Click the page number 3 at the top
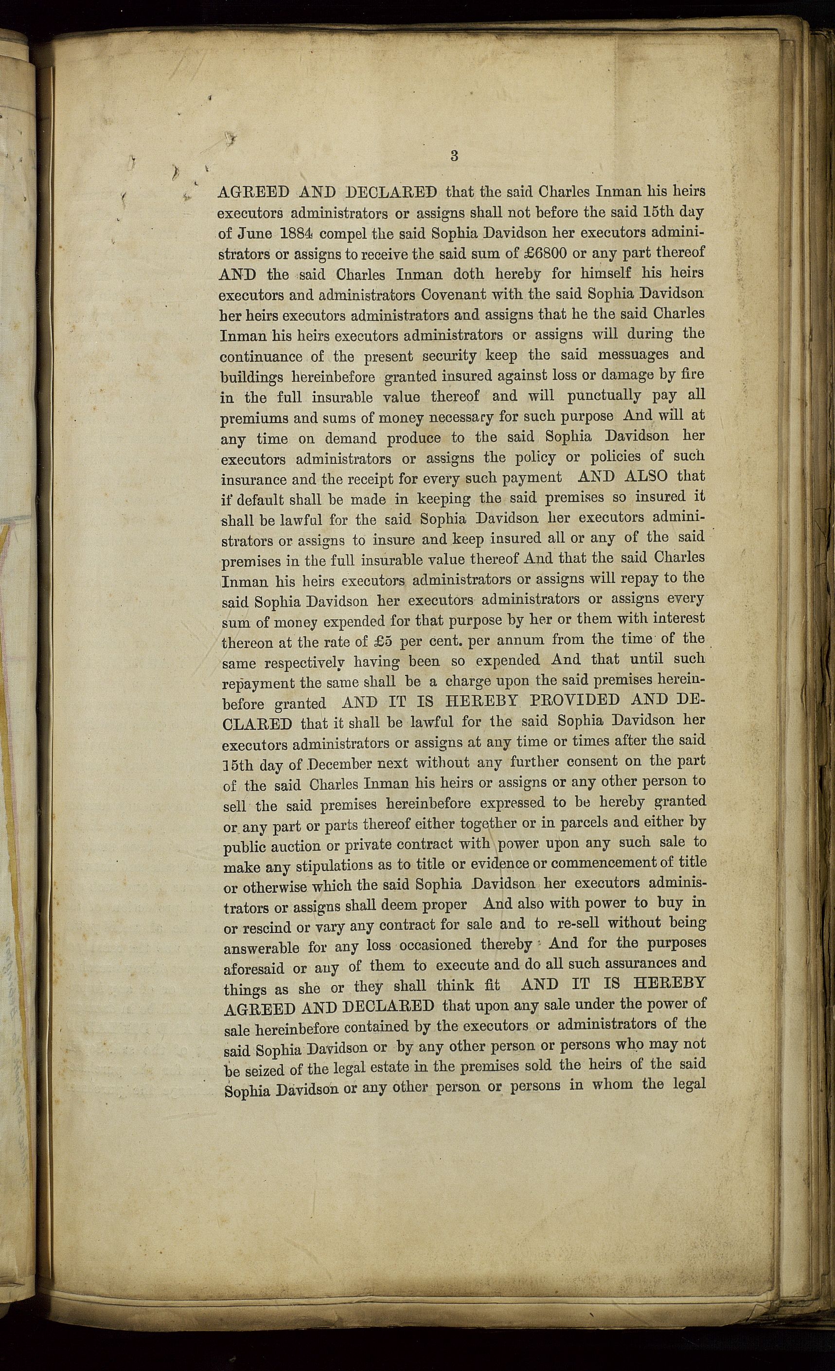pyautogui.click(x=454, y=156)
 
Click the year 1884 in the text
pyautogui.click(x=289, y=233)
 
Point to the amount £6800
pyautogui.click(x=545, y=253)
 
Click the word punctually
pyautogui.click(x=604, y=396)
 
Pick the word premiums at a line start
pyautogui.click(x=247, y=418)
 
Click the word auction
pyautogui.click(x=294, y=847)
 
